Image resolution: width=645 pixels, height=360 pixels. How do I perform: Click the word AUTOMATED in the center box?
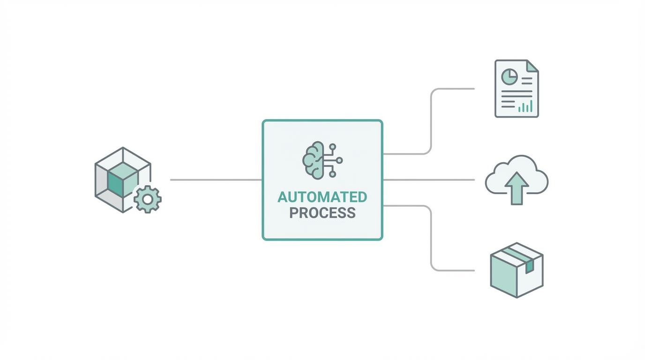coord(322,197)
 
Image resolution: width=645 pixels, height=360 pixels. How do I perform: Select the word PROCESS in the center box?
coord(322,213)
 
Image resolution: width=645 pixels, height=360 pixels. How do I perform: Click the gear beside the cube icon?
coord(148,199)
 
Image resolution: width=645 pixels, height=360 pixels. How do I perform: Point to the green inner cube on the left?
coord(122,180)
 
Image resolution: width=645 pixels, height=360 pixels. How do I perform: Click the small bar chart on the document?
coord(525,106)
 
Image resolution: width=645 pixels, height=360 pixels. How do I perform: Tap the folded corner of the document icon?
coord(532,66)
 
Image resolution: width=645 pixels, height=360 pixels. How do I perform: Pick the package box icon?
coord(516,270)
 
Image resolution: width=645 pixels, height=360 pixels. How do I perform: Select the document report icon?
coord(517,88)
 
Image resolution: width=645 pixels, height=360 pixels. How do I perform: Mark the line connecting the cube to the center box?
coord(216,180)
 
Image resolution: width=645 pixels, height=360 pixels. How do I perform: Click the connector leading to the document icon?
coord(431,117)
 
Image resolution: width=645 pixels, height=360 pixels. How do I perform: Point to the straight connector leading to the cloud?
coord(429,180)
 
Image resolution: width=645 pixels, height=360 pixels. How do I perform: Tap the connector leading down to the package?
coord(431,239)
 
